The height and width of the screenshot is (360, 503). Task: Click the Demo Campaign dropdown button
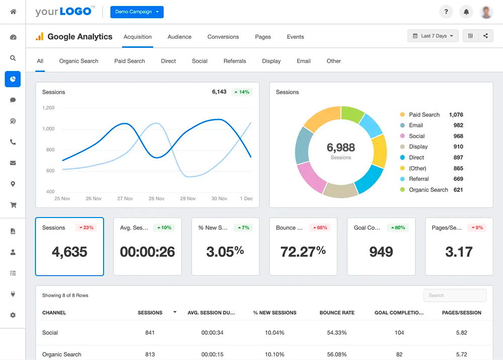[x=137, y=12]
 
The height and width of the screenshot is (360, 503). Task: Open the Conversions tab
[x=223, y=37]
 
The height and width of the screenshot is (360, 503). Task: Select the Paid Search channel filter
[x=129, y=61]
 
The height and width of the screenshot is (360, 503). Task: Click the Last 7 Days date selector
[x=433, y=36]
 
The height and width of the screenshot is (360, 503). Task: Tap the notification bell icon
[x=466, y=12]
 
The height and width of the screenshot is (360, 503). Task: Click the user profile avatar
[x=486, y=12]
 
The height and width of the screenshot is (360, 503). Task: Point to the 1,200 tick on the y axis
[x=48, y=108]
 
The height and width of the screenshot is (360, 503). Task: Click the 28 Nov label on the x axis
[x=156, y=198]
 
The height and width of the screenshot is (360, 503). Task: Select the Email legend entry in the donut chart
[x=416, y=125]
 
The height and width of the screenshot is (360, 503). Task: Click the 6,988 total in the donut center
[x=341, y=148]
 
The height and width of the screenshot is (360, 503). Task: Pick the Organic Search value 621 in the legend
[x=458, y=190]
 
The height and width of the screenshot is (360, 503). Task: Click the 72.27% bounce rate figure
[x=303, y=251]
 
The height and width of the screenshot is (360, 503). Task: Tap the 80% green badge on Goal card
[x=397, y=228]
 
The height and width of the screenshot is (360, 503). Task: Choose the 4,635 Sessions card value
[x=69, y=251]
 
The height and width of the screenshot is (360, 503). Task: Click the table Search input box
[x=455, y=296]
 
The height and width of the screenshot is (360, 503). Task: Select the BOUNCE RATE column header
[x=337, y=313]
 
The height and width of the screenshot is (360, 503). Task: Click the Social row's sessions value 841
[x=150, y=333]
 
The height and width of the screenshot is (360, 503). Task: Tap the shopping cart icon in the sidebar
[x=13, y=205]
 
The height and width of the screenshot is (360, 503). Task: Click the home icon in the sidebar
[x=13, y=12]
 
